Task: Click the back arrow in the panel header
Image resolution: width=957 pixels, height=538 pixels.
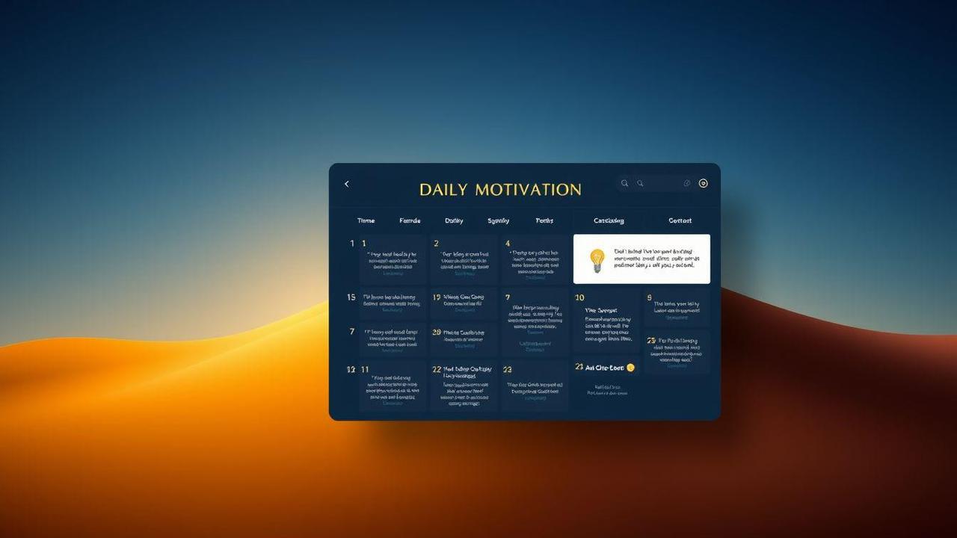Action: (346, 184)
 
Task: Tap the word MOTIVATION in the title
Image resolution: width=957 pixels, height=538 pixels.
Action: (528, 190)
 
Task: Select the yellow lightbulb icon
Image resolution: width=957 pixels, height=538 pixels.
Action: (597, 260)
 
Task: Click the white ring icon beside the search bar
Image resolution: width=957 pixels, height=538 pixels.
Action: (703, 183)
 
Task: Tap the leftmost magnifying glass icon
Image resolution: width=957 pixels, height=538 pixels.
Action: (625, 183)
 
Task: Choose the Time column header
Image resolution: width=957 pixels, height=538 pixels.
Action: (366, 220)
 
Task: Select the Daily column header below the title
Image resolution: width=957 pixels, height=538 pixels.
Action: (454, 220)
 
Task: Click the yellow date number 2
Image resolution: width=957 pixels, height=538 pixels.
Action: (436, 244)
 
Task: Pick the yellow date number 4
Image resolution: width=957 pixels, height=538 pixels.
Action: (508, 244)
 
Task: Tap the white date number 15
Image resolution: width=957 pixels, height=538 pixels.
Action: (351, 297)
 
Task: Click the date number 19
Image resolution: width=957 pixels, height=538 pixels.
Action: (436, 297)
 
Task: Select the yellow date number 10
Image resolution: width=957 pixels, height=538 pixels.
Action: (579, 297)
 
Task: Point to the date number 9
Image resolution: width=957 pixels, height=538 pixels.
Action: (649, 297)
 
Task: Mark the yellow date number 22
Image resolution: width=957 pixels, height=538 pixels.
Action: (437, 369)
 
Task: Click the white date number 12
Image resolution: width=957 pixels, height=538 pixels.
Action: (351, 369)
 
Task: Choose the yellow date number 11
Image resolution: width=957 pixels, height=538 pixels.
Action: (365, 369)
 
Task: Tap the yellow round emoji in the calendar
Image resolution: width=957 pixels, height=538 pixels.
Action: (630, 368)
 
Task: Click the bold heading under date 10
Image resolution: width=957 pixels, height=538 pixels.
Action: (601, 310)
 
